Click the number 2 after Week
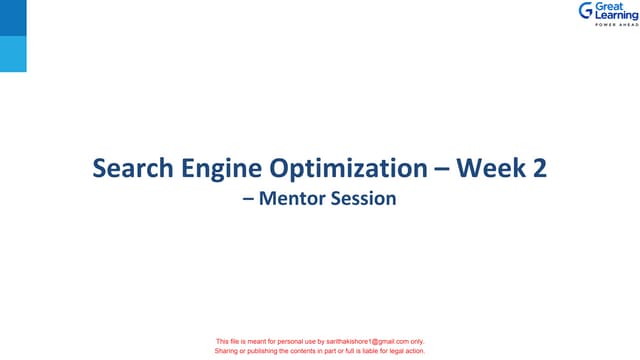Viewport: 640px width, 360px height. click(x=540, y=169)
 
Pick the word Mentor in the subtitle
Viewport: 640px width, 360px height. click(x=288, y=199)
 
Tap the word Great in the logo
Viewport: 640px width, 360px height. click(x=609, y=7)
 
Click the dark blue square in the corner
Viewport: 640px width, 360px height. click(x=13, y=19)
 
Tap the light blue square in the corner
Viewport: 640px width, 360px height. click(x=13, y=55)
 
